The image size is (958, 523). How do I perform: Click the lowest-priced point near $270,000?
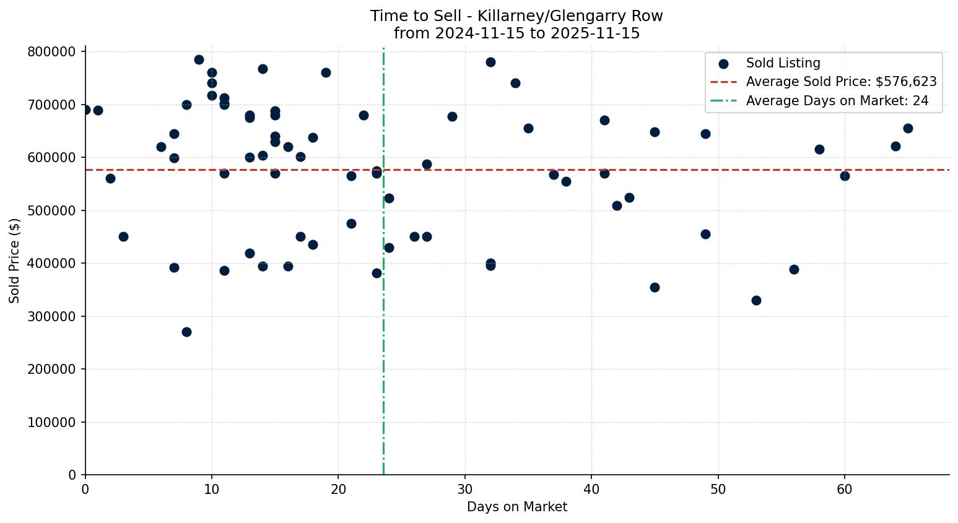click(186, 332)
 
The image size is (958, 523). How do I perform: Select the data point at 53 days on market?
click(756, 300)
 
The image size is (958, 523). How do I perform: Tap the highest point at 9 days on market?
click(199, 59)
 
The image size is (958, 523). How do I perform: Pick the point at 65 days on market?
click(908, 128)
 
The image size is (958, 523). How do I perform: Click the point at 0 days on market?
click(85, 110)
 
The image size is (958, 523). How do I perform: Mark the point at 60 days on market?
click(845, 176)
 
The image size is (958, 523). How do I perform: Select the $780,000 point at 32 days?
click(490, 62)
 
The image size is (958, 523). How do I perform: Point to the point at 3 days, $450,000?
click(123, 236)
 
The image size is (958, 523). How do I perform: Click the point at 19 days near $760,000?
click(326, 72)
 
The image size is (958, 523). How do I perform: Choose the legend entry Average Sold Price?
click(841, 82)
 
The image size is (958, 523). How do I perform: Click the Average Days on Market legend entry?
click(837, 101)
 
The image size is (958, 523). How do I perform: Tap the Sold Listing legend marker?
click(723, 63)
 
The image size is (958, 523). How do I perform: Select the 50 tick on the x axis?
click(718, 490)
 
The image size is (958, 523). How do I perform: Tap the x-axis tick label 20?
click(338, 490)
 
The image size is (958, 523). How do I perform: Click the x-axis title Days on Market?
click(517, 507)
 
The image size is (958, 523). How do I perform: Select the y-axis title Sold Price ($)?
click(15, 261)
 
